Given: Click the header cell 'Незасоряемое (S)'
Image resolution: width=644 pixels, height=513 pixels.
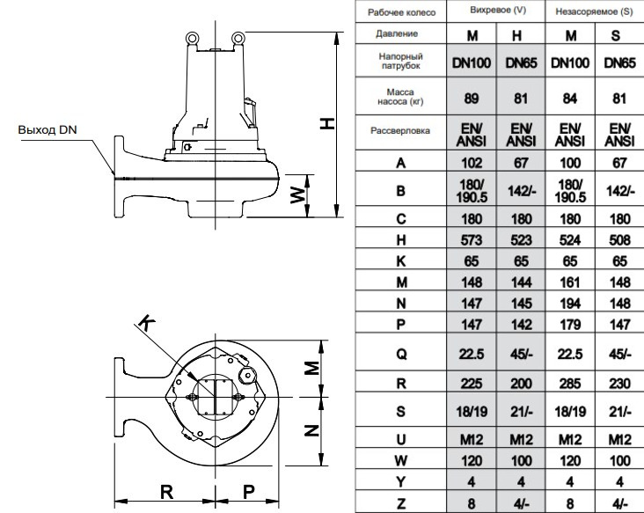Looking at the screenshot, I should click(x=590, y=13).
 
